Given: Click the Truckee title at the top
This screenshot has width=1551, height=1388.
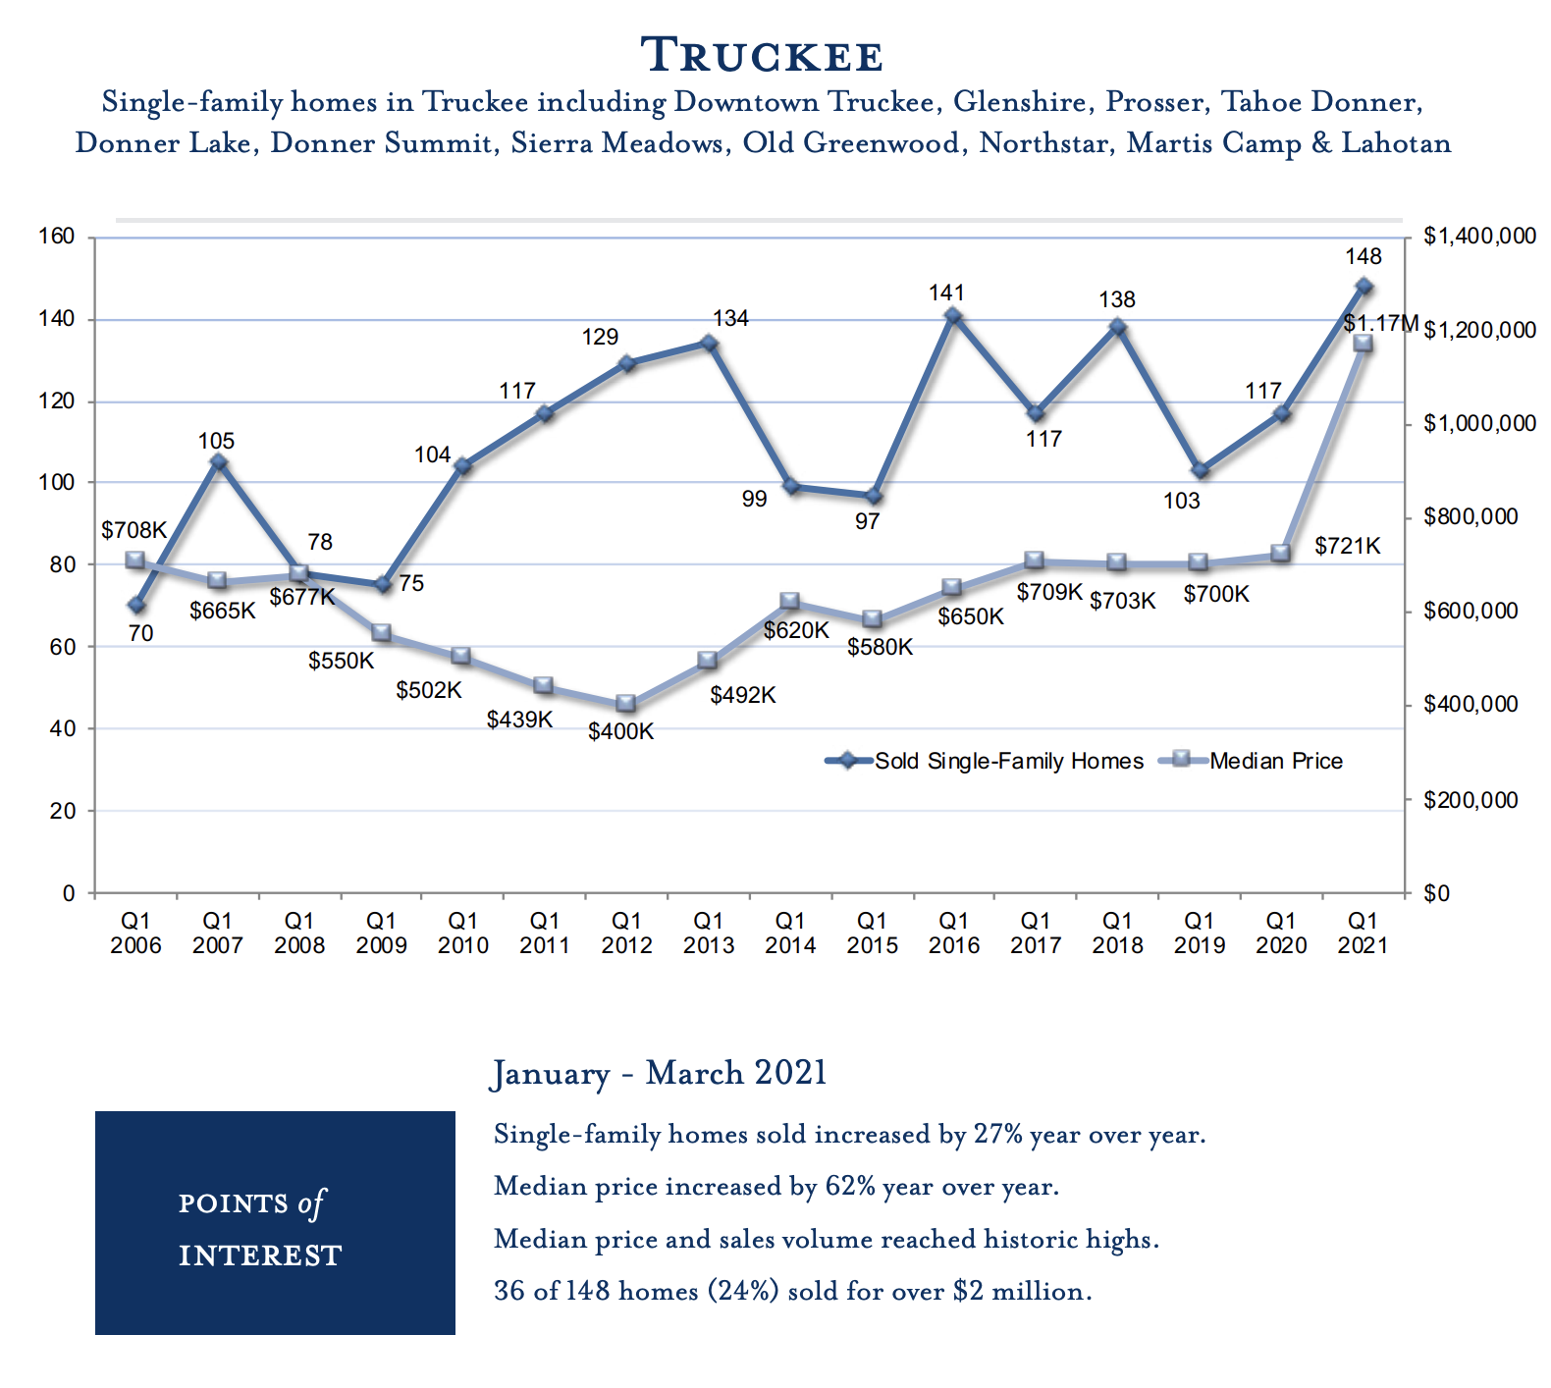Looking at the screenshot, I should tap(762, 55).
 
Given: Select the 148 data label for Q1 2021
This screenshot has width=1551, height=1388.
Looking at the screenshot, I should tap(1363, 257).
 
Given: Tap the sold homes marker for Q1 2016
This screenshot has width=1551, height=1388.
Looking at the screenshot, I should tap(953, 316).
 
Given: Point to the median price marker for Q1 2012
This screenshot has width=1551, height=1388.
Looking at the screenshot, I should tap(626, 704).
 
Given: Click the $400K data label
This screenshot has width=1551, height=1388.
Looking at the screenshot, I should tap(620, 732).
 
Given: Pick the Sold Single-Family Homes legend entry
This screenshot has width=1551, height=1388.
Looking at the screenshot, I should tap(1008, 761).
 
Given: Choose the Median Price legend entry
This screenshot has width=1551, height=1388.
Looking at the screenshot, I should tap(1275, 761).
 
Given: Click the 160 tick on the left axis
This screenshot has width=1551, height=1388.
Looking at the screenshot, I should tap(56, 237).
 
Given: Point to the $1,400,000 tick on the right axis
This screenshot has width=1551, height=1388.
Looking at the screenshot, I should tap(1479, 237).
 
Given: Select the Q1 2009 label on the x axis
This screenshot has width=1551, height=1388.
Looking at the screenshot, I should tap(381, 933).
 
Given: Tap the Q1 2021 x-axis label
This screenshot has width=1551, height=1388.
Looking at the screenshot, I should tap(1363, 933).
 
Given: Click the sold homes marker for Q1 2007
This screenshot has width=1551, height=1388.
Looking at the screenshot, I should tap(219, 462).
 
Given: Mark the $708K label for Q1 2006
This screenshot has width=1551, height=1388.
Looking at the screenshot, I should tap(134, 531).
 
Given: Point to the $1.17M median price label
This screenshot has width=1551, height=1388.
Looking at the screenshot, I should tap(1380, 323).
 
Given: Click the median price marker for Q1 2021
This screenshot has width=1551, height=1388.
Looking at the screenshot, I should tap(1363, 344).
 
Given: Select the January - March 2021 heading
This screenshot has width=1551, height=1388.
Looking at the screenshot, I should tap(659, 1073).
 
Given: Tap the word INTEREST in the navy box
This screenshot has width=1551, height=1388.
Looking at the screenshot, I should tap(260, 1255).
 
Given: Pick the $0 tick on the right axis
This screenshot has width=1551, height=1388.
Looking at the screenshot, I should tap(1435, 893).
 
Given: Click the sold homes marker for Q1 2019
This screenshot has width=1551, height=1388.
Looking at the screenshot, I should tap(1199, 471).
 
